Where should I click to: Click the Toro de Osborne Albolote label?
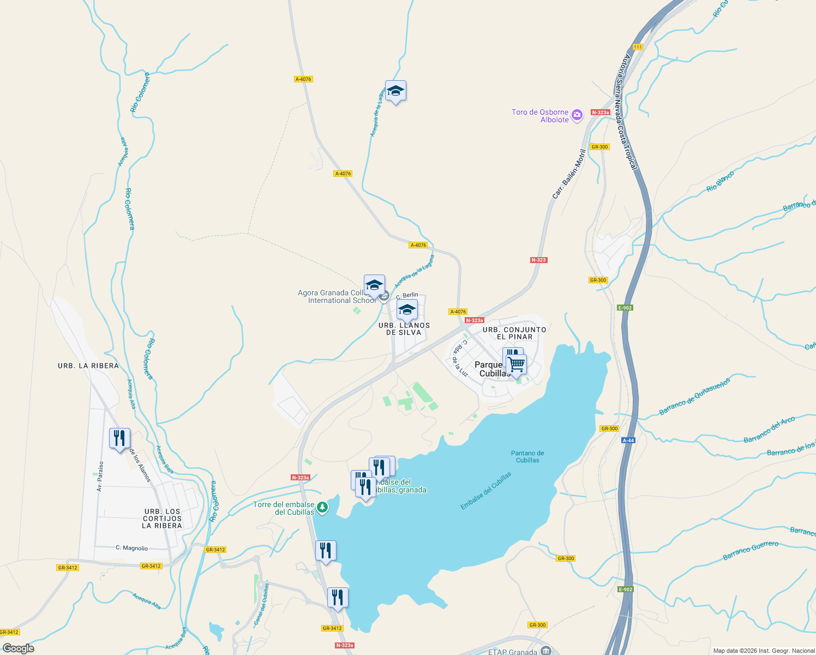coord(540,116)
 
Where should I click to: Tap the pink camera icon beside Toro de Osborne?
coord(578,115)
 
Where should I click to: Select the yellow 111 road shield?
coord(638,47)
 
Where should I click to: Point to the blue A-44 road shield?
coord(628,440)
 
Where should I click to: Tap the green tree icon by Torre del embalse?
coord(323,508)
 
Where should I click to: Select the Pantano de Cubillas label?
coord(527,456)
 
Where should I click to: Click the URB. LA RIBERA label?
coord(88,366)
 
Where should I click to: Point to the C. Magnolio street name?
coord(132,548)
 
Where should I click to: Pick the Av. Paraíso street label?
coord(100,476)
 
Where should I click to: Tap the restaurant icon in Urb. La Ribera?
coord(119,438)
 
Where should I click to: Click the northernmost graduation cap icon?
coord(395,91)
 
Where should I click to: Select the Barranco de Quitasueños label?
coord(694,397)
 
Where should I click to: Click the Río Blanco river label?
coord(720,181)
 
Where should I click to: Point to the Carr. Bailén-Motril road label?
coord(568,174)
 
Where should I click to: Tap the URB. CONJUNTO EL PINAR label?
coord(514,333)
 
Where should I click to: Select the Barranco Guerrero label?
coord(751,551)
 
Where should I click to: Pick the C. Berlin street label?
coord(407,295)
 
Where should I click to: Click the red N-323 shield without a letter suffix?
coord(538,260)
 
